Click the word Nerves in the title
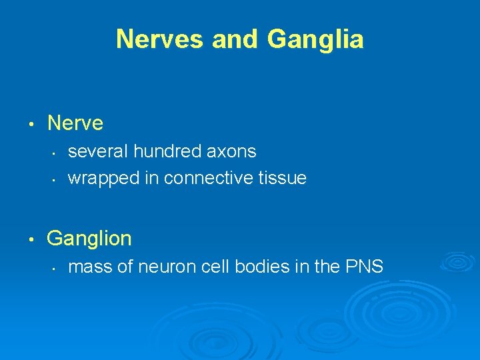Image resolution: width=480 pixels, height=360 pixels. [161, 39]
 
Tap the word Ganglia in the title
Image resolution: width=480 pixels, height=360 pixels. [315, 40]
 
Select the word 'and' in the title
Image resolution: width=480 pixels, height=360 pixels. [237, 39]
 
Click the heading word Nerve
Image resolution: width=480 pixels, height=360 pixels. [75, 123]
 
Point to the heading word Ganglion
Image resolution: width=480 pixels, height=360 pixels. [89, 238]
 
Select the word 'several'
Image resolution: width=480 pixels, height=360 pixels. [98, 152]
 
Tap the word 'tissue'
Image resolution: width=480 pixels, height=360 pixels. [284, 179]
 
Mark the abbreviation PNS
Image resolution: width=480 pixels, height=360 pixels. [364, 267]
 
